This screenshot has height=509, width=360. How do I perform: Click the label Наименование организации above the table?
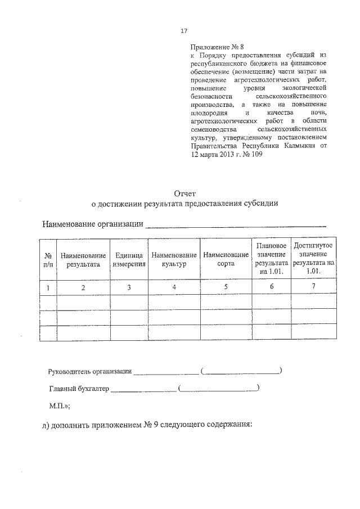[x=93, y=225]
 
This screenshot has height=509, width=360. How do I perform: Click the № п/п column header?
[x=48, y=259]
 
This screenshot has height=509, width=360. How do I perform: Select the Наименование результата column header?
[x=83, y=259]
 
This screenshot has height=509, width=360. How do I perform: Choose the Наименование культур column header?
[x=174, y=259]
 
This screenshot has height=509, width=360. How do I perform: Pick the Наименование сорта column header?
[x=226, y=259]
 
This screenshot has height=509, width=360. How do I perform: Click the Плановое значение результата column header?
[x=272, y=259]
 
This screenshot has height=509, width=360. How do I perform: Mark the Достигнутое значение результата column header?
[x=313, y=259]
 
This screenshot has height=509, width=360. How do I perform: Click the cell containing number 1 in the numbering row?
[x=48, y=287]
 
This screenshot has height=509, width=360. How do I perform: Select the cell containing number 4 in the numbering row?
[x=174, y=287]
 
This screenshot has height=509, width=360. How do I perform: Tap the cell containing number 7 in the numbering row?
[x=313, y=287]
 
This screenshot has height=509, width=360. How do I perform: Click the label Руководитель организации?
[x=90, y=371]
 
